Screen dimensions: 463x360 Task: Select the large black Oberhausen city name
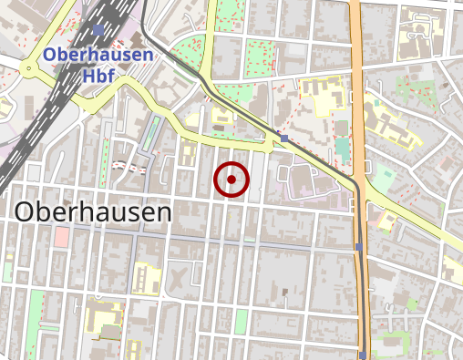[94, 213]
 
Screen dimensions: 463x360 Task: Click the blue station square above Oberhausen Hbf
[98, 31]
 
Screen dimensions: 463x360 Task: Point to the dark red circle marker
[231, 180]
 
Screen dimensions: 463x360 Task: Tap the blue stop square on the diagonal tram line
[284, 139]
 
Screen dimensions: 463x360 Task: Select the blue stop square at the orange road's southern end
[363, 355]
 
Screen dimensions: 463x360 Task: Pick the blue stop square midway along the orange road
[359, 247]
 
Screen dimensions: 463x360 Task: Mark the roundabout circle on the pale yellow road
[30, 68]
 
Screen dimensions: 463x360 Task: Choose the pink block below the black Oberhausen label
[62, 237]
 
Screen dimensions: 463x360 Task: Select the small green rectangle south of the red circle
[241, 321]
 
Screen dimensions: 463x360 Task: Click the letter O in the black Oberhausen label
[25, 213]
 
